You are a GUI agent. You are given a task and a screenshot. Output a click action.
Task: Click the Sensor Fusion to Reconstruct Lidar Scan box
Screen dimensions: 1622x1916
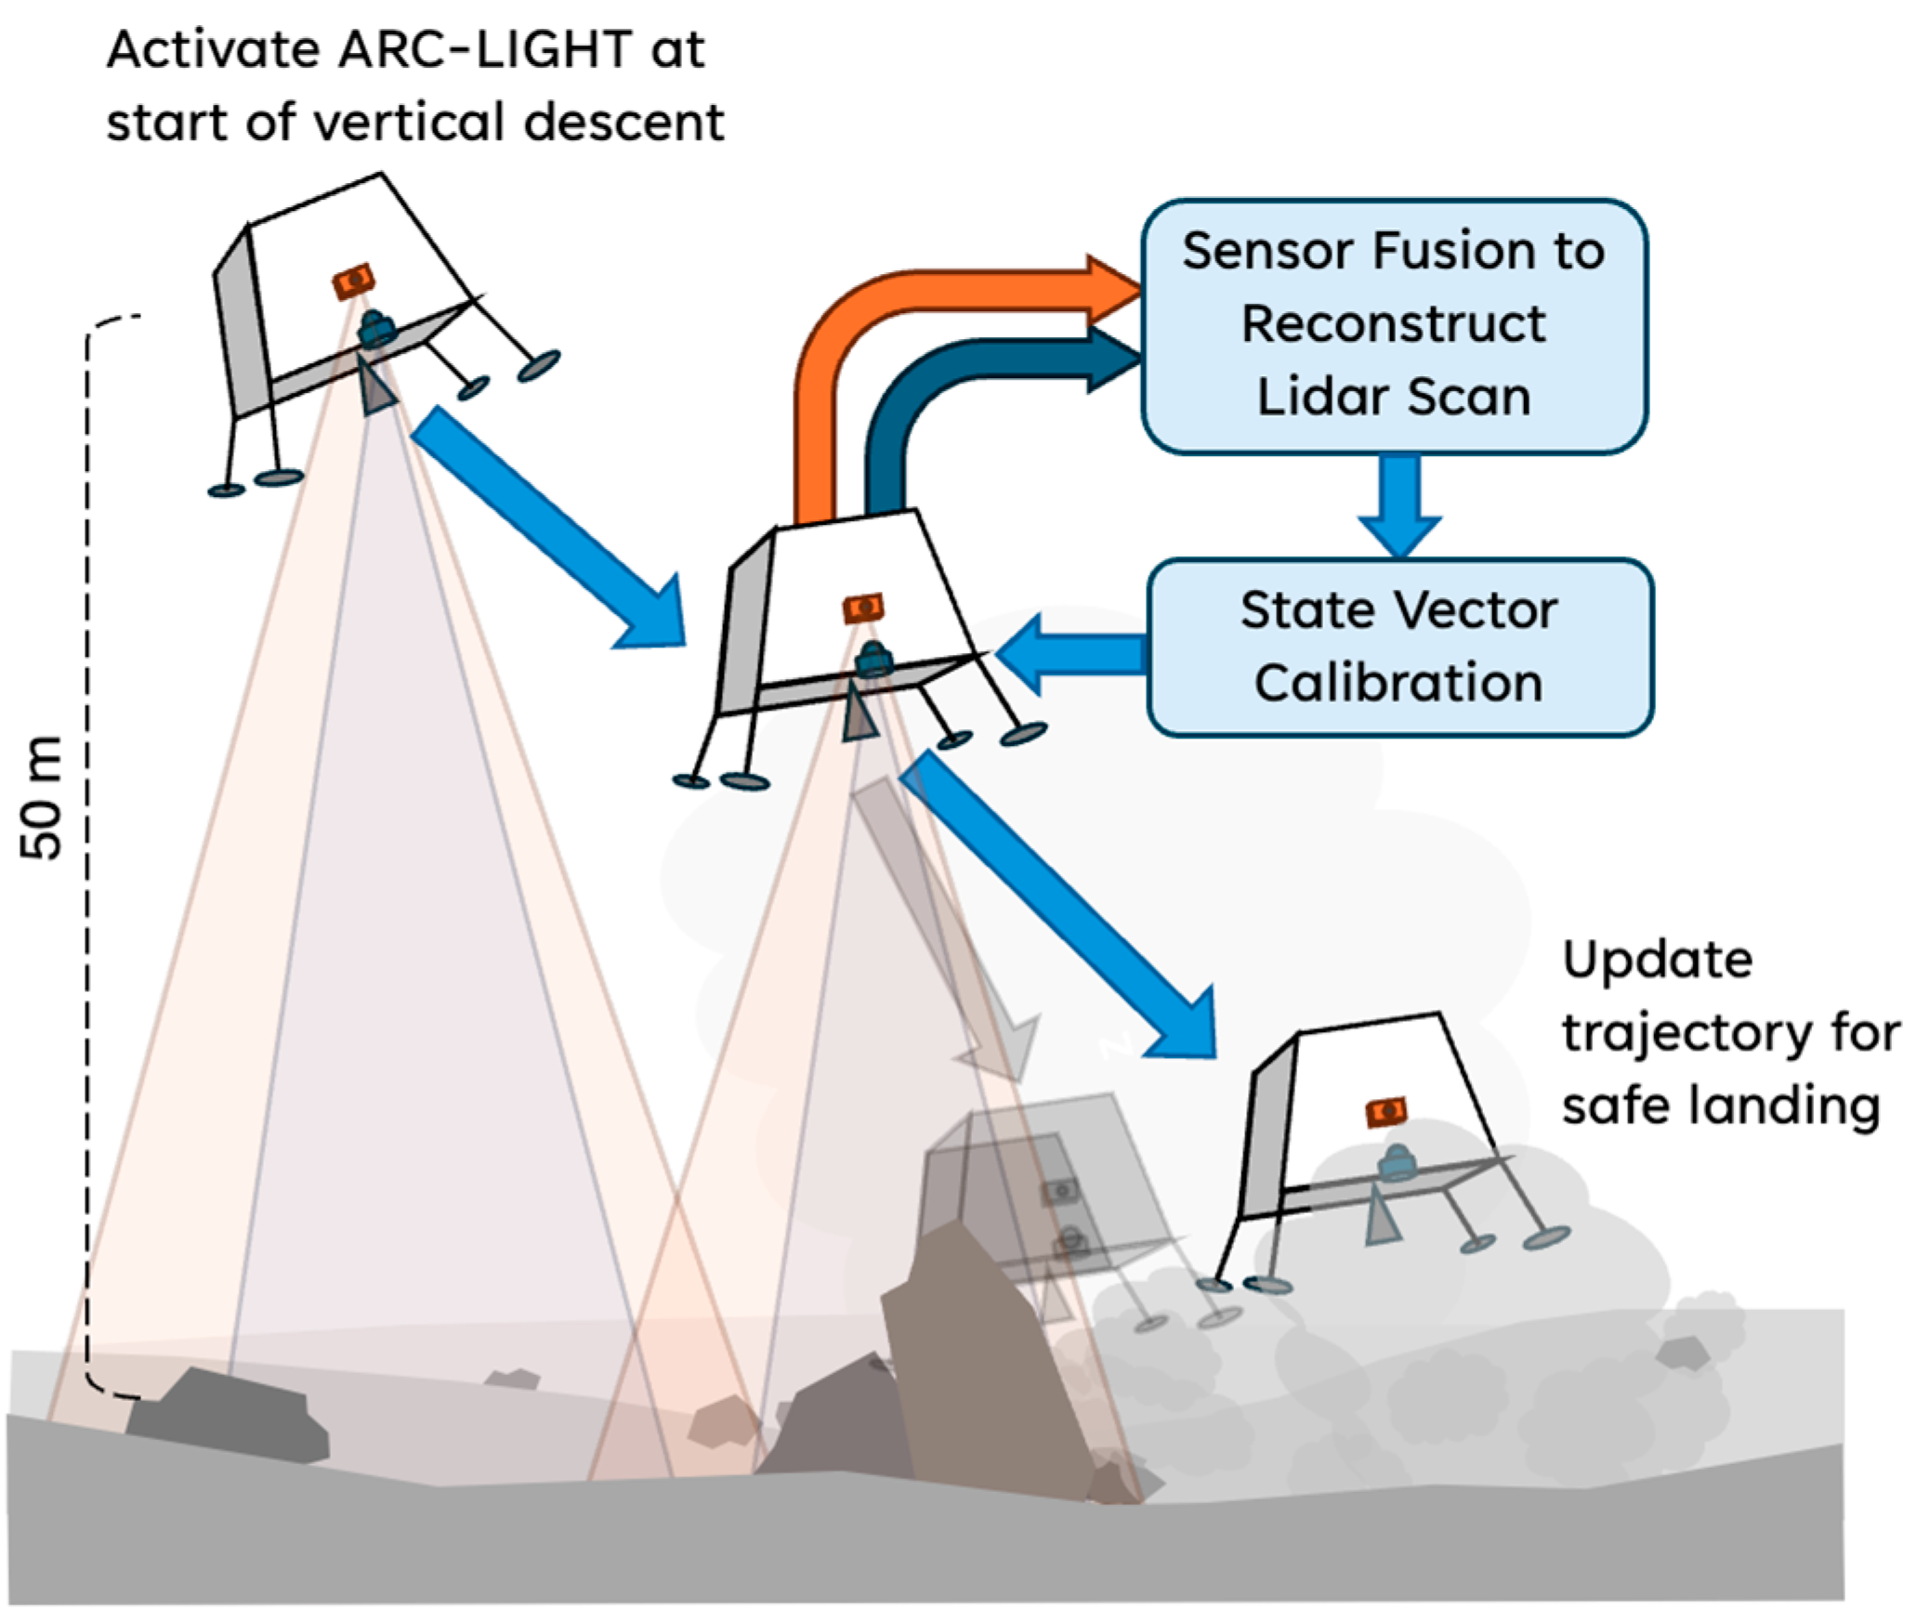coord(1393,325)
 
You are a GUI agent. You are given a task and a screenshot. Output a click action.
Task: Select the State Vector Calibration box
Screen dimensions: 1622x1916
coord(1399,647)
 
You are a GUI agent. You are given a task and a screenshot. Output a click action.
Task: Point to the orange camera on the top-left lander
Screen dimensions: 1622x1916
coord(354,281)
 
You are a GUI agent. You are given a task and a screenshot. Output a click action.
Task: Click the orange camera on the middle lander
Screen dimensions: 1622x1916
coord(863,608)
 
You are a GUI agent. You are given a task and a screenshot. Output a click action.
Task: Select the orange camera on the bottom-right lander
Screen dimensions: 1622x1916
coord(1385,1111)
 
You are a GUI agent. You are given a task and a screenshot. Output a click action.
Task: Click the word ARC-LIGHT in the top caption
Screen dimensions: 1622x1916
coord(485,50)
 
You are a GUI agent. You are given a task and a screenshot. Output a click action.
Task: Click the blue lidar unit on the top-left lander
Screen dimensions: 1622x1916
coord(376,328)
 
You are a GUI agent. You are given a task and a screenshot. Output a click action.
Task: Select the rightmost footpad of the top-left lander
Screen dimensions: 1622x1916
coord(539,365)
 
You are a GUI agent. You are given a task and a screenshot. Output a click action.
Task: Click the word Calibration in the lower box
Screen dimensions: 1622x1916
coord(1398,683)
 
